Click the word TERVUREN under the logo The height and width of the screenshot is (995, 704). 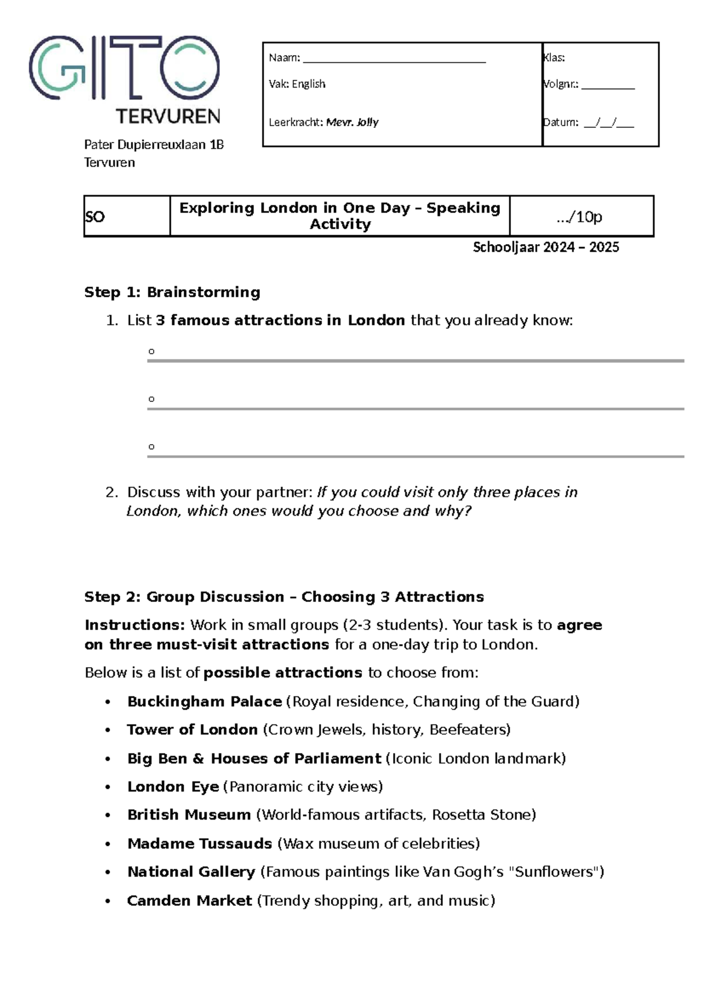click(x=168, y=116)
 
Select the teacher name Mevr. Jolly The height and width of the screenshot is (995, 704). click(x=352, y=122)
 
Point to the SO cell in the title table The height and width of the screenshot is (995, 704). click(x=95, y=217)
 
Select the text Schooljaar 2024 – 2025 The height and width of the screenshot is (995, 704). click(x=546, y=247)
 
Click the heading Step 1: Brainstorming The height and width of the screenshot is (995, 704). click(x=172, y=292)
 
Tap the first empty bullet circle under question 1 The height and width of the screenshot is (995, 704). click(x=151, y=351)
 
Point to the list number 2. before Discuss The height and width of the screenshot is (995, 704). click(x=112, y=492)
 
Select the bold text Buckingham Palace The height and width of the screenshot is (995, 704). click(x=204, y=702)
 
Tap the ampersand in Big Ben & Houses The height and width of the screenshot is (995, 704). click(x=198, y=759)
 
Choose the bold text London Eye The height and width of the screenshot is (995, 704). click(x=173, y=787)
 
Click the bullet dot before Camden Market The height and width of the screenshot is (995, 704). click(x=108, y=901)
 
